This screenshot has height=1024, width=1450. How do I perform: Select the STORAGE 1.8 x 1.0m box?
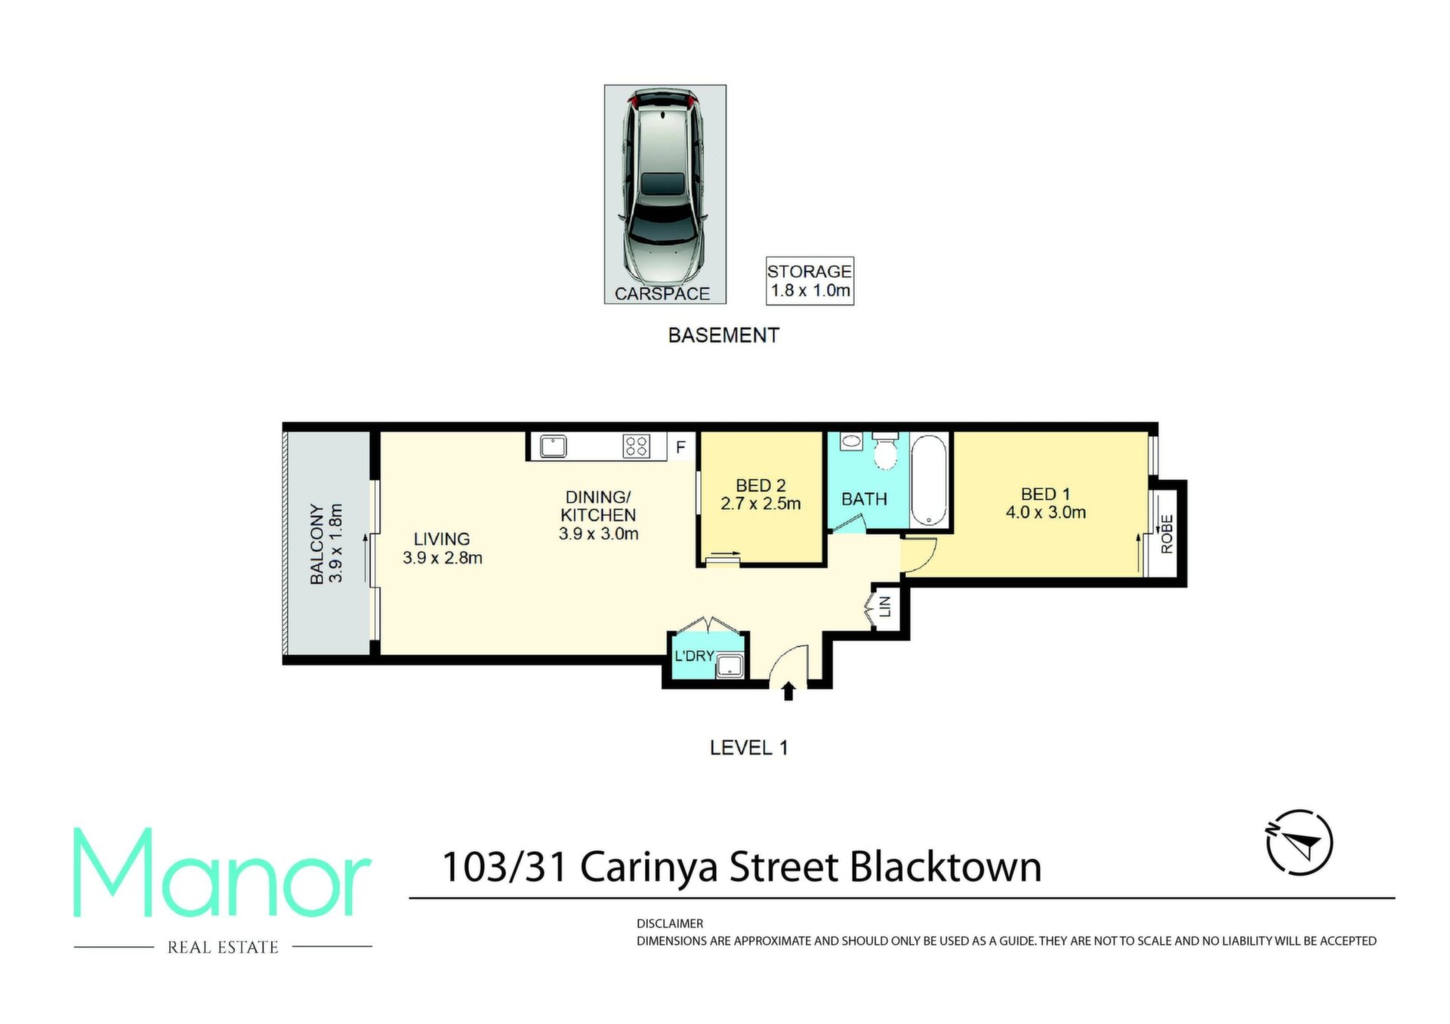click(x=810, y=281)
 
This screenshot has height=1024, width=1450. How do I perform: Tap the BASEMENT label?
click(x=723, y=335)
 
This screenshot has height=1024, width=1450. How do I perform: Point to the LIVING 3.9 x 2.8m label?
click(x=443, y=549)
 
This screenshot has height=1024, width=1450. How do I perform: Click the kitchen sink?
click(x=553, y=446)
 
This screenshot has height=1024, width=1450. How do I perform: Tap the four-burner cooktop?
click(x=636, y=447)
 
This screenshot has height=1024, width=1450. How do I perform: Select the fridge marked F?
click(x=681, y=447)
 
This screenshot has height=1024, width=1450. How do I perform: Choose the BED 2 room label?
click(x=760, y=495)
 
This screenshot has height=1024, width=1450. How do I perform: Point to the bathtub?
click(x=929, y=481)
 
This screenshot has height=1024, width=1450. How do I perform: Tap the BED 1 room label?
click(x=1046, y=503)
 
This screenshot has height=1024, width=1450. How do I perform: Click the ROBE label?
click(x=1167, y=534)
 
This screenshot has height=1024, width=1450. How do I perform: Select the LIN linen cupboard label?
click(x=886, y=605)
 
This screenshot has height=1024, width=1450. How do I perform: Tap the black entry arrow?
click(x=788, y=690)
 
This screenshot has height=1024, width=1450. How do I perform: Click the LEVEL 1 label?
click(x=748, y=748)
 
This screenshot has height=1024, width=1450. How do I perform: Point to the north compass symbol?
click(x=1299, y=843)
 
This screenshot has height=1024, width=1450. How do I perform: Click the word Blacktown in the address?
click(x=946, y=867)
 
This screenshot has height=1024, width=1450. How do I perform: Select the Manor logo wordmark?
click(x=222, y=873)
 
